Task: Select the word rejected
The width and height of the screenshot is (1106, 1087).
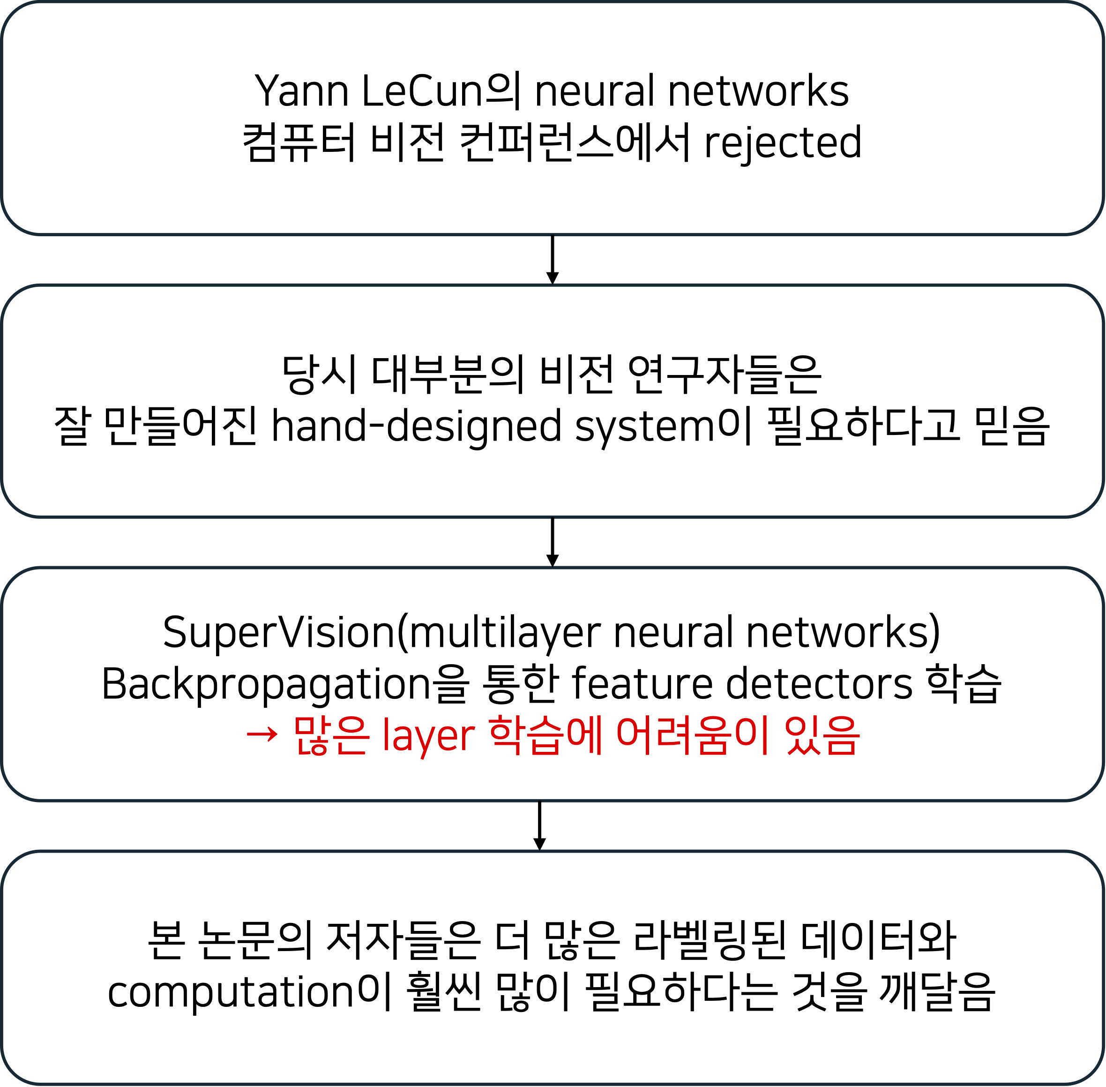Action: click(x=783, y=142)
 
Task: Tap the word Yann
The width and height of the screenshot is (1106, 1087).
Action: click(x=301, y=91)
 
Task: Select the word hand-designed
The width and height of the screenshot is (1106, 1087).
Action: click(x=417, y=426)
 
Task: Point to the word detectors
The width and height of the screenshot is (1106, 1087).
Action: click(x=819, y=684)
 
